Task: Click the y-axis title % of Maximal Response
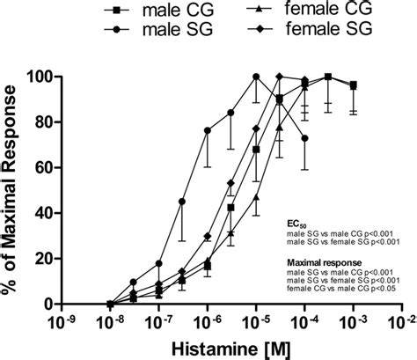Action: click(x=17, y=190)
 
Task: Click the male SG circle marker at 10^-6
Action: click(x=208, y=131)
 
